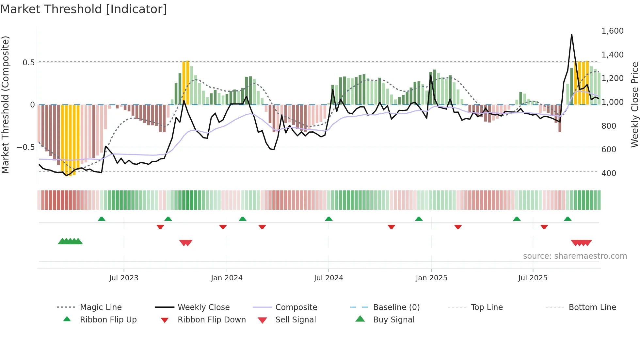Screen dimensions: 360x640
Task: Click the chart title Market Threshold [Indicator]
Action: click(x=84, y=9)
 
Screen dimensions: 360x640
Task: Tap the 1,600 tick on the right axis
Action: click(x=612, y=31)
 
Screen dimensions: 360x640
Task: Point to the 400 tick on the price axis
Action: click(x=609, y=173)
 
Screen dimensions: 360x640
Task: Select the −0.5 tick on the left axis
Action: click(x=25, y=147)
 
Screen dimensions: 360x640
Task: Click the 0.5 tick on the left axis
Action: click(x=28, y=63)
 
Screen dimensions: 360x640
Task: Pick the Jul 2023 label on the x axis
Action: click(x=124, y=278)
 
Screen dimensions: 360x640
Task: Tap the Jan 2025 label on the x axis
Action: click(x=431, y=278)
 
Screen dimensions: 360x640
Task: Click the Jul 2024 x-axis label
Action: click(x=328, y=278)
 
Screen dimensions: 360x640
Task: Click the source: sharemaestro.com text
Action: click(x=575, y=256)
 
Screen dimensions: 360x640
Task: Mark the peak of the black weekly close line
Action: click(x=571, y=34)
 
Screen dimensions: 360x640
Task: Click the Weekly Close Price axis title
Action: click(x=634, y=105)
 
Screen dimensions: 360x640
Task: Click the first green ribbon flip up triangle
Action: click(x=102, y=219)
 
